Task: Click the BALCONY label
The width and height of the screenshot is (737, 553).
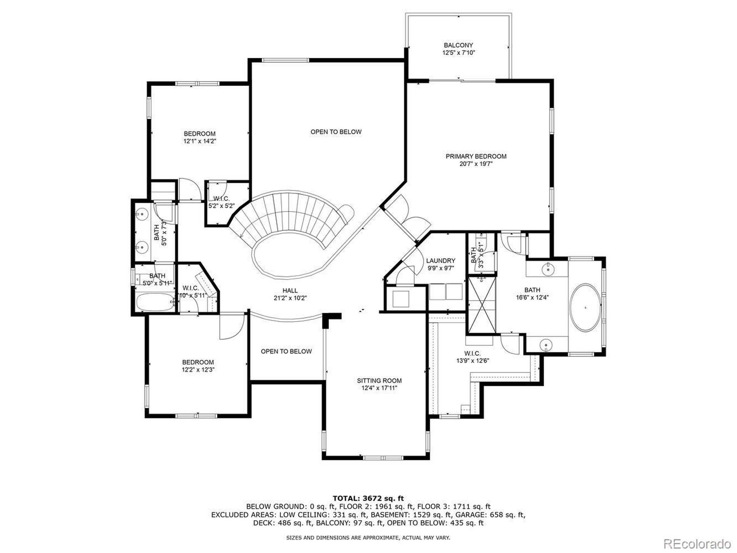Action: coord(458,45)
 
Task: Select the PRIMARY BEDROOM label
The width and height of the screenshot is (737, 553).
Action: coord(476,156)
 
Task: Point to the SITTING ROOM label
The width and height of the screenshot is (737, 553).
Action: coord(379,381)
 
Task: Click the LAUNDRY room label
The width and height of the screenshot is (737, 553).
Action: coord(440,261)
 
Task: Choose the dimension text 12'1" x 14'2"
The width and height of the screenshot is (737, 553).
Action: coord(200,141)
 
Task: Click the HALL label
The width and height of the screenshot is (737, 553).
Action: coord(290,291)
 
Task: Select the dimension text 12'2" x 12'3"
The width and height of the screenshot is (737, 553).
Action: coord(198,370)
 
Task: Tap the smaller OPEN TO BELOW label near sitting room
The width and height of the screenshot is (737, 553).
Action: coord(286,351)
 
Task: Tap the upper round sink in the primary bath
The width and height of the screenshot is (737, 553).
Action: coord(547,269)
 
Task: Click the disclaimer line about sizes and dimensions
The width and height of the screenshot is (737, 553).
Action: coord(368,538)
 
